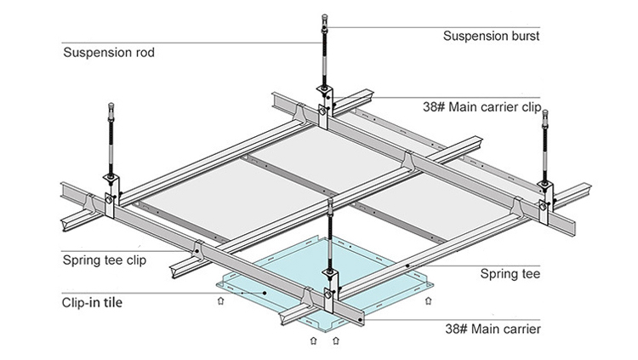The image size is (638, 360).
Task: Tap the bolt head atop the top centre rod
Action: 326,17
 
